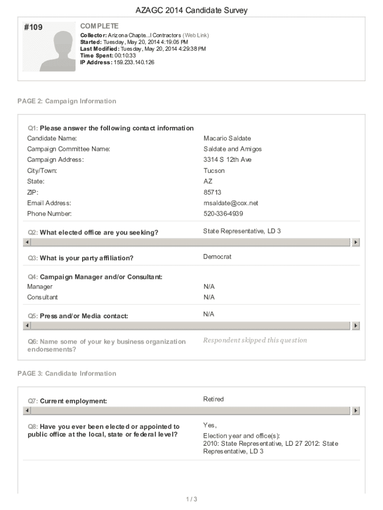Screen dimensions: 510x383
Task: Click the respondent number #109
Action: [x=33, y=28]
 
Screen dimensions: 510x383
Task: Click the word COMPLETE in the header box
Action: [x=99, y=26]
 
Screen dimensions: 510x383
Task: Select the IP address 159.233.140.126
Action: [x=134, y=62]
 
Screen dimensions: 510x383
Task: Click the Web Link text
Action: [x=196, y=35]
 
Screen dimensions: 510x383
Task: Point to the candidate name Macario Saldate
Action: [x=227, y=138]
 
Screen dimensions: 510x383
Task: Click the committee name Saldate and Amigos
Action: [x=232, y=149]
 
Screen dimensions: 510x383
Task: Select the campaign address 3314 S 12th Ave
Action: [x=227, y=160]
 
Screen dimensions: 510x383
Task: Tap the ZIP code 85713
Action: [x=212, y=192]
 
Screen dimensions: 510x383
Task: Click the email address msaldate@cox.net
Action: [x=231, y=203]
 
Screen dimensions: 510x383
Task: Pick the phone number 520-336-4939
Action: [x=223, y=214]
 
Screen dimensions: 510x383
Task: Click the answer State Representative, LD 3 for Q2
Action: [x=242, y=231]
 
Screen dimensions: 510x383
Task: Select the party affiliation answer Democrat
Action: [x=217, y=257]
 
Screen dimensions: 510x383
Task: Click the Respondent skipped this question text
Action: [x=255, y=340]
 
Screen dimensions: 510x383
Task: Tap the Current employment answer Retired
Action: [x=213, y=399]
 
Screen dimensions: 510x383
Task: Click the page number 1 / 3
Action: [x=191, y=499]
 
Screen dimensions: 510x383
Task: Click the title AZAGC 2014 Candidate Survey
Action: [x=191, y=10]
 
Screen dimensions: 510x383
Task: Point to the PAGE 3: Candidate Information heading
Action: [x=67, y=374]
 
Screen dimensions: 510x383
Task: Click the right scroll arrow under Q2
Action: [x=356, y=242]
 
